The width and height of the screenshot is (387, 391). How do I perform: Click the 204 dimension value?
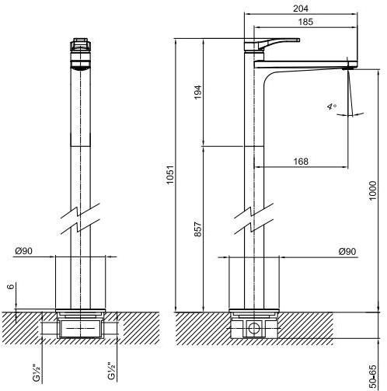click(301, 9)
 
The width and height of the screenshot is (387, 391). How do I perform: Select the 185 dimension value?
click(305, 22)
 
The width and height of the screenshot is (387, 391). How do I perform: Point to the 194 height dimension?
click(198, 92)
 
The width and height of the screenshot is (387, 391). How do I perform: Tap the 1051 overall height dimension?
click(170, 174)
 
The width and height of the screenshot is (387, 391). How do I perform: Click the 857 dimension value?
click(198, 229)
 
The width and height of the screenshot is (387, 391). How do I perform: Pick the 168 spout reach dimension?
click(301, 162)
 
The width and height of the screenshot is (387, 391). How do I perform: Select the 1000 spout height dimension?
click(372, 190)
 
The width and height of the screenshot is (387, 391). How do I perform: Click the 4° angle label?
click(332, 106)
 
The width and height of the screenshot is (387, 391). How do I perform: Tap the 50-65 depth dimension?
click(372, 377)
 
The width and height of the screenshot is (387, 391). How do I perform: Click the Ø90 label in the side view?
click(347, 251)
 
